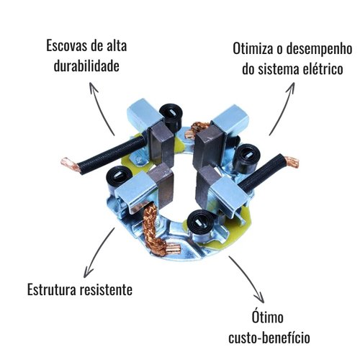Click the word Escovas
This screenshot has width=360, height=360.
click(66, 45)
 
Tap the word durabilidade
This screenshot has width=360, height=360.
click(86, 66)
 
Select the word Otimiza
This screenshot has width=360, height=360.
click(253, 49)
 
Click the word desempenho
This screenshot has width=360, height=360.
click(319, 50)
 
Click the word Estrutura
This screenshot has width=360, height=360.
click(52, 289)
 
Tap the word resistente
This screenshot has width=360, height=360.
click(106, 289)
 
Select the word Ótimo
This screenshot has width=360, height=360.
click(268, 317)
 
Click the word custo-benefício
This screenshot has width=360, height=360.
click(269, 338)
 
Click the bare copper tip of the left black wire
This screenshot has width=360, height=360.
click(70, 163)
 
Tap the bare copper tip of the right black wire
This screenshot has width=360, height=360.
click(292, 161)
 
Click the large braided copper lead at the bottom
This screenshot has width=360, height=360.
click(153, 230)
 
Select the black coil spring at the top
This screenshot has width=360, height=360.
click(171, 116)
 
